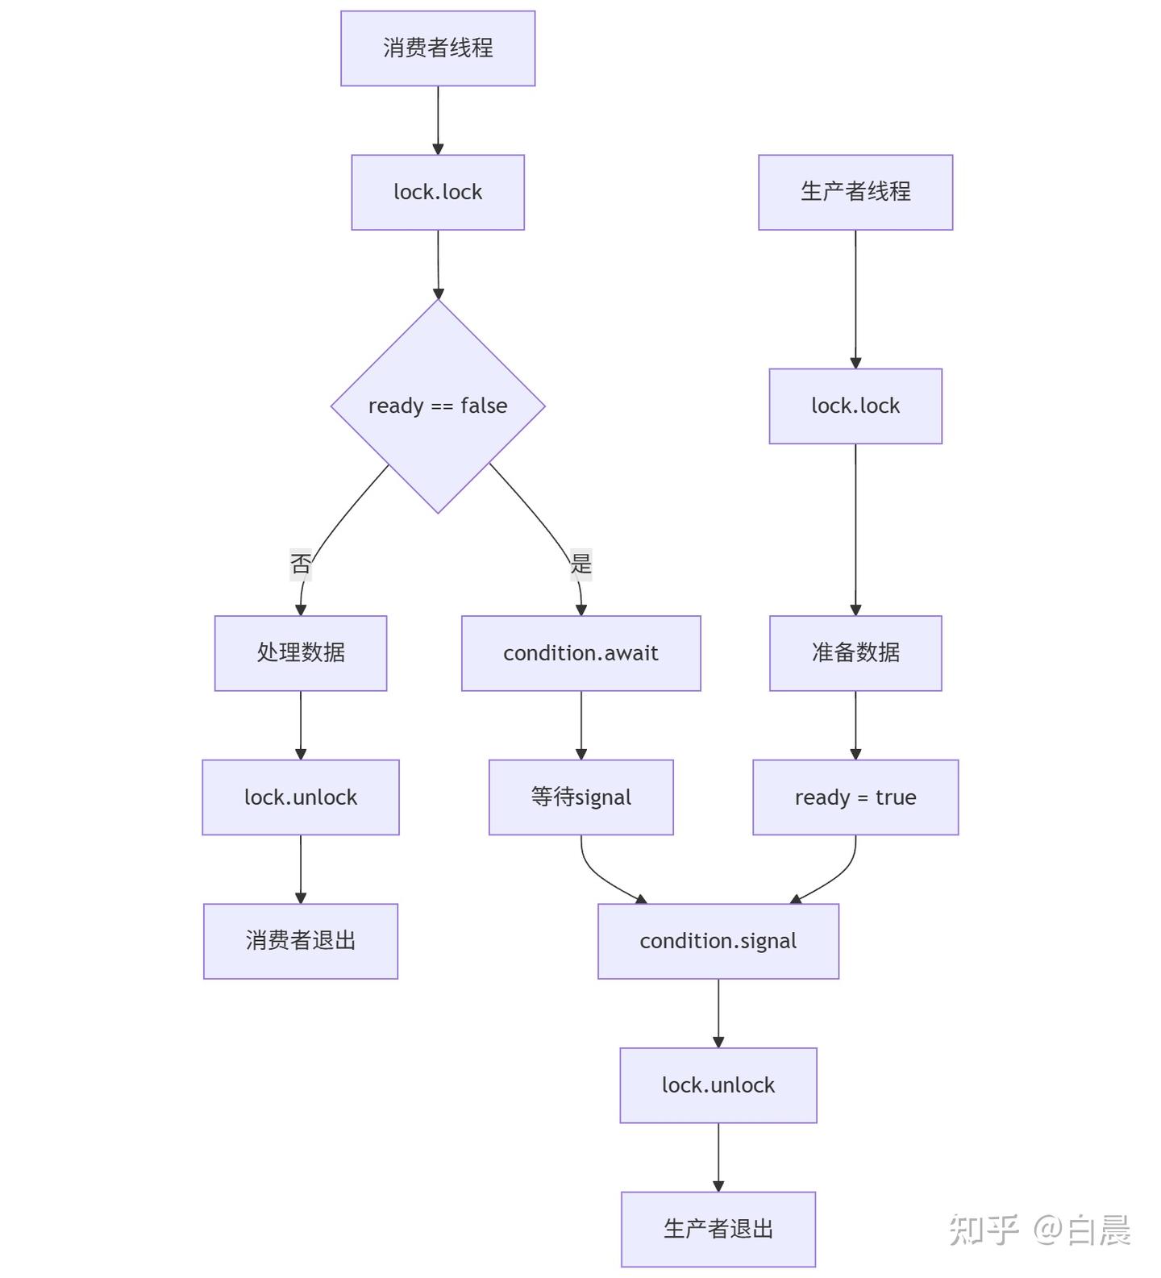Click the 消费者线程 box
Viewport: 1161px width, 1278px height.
click(x=438, y=48)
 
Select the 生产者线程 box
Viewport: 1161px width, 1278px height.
click(x=855, y=192)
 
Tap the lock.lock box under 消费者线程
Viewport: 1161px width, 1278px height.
click(x=438, y=192)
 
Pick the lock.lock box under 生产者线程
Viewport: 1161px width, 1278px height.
click(x=855, y=406)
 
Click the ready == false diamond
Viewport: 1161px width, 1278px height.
click(x=438, y=406)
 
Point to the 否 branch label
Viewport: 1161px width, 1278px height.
click(x=301, y=563)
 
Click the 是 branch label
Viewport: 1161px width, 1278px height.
click(x=580, y=563)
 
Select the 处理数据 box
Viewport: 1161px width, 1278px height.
click(x=301, y=653)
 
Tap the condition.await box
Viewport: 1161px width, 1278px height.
click(x=580, y=653)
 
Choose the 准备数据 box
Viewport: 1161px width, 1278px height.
click(x=855, y=653)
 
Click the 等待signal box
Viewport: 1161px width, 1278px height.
click(x=580, y=797)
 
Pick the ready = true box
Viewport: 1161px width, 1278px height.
click(x=855, y=797)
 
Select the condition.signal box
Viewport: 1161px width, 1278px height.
click(x=718, y=941)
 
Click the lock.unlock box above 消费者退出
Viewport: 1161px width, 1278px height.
click(x=301, y=797)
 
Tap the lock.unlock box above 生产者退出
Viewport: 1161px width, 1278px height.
click(x=718, y=1085)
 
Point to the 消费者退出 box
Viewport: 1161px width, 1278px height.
click(x=301, y=941)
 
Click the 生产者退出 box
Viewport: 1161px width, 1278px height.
click(x=718, y=1229)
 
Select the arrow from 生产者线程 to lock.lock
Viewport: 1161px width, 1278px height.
click(x=855, y=298)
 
